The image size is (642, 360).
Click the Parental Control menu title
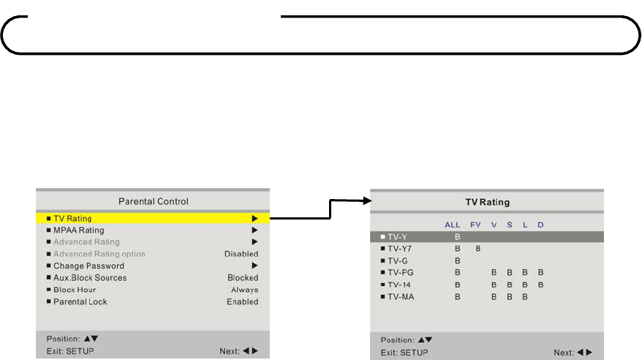click(154, 201)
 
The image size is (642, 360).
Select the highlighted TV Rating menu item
click(72, 218)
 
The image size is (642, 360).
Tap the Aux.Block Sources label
click(90, 278)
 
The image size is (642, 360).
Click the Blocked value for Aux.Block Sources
click(243, 278)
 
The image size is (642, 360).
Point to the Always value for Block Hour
click(245, 290)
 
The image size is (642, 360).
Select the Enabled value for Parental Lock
click(242, 301)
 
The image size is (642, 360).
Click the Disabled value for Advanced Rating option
click(241, 254)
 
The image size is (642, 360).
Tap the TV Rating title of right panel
click(488, 202)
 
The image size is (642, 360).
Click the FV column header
click(476, 225)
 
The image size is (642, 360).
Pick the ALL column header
click(453, 225)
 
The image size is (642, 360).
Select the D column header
click(540, 225)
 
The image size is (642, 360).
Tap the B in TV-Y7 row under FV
click(478, 249)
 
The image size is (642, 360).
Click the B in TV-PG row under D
click(541, 272)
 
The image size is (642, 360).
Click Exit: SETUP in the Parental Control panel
click(70, 351)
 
